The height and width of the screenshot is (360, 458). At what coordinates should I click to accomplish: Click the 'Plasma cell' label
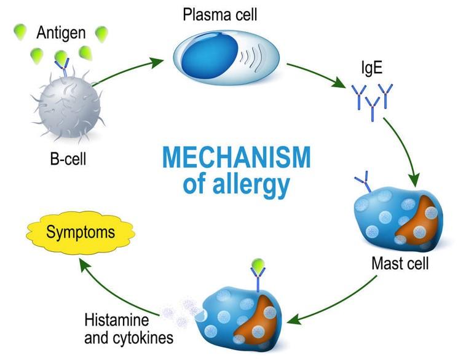[x=219, y=15]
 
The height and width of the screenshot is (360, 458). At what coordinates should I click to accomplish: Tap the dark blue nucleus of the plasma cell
[x=210, y=55]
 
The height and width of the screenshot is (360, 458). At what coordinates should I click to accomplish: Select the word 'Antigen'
[x=61, y=33]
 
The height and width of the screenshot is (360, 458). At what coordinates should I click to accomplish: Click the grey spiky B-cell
[x=69, y=106]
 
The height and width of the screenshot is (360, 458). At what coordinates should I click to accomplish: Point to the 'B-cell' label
[x=68, y=159]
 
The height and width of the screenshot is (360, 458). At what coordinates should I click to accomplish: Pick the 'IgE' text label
[x=371, y=68]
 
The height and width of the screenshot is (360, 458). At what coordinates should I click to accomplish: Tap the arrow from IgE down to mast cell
[x=406, y=149]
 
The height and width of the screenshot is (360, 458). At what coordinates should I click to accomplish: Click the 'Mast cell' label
[x=400, y=264]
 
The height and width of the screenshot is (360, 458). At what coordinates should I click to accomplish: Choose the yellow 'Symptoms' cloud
[x=81, y=233]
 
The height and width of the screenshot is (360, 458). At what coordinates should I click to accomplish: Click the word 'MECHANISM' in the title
[x=236, y=157]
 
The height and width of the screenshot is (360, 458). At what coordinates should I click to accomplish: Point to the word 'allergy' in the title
[x=251, y=185]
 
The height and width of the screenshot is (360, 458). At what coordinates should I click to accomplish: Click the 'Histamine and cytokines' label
[x=129, y=329]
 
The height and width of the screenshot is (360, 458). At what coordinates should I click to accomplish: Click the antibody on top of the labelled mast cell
[x=363, y=182]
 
